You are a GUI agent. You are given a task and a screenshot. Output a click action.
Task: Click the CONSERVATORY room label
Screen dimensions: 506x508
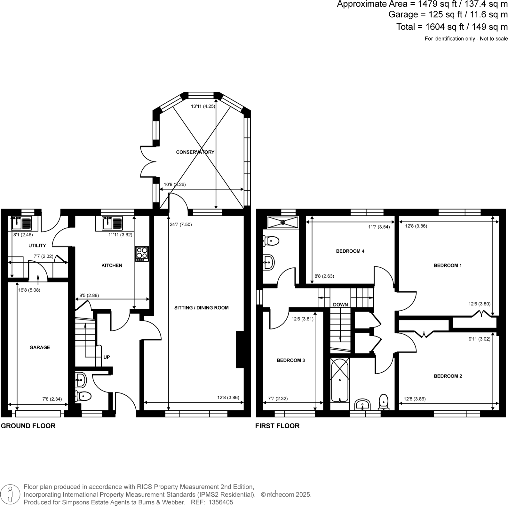[195, 152]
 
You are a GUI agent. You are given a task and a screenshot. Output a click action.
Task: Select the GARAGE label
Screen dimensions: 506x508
[40, 347]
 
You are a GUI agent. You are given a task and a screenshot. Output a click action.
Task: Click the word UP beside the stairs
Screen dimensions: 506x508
[107, 357]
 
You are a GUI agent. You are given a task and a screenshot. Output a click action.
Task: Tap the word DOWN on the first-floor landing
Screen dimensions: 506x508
[340, 304]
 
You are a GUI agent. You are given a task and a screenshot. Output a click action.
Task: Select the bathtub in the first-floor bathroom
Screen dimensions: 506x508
[339, 381]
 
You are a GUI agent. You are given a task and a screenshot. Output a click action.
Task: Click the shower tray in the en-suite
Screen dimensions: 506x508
[282, 222]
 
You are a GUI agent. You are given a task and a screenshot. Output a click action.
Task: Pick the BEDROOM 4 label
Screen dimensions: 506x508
[350, 251]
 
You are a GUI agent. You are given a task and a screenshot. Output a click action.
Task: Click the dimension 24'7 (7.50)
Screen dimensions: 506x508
[181, 225]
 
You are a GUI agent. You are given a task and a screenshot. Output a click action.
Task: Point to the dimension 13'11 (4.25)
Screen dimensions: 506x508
[203, 106]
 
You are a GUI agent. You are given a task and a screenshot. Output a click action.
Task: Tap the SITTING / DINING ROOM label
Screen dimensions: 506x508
[201, 308]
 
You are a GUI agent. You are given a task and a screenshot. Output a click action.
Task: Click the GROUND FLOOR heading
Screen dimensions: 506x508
[28, 426]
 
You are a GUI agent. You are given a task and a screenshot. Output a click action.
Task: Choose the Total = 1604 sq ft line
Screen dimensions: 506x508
[452, 27]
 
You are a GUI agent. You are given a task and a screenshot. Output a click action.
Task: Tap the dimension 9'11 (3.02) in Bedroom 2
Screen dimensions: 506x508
[479, 339]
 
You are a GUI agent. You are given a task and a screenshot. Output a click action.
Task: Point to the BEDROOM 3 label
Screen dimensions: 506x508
[290, 360]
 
